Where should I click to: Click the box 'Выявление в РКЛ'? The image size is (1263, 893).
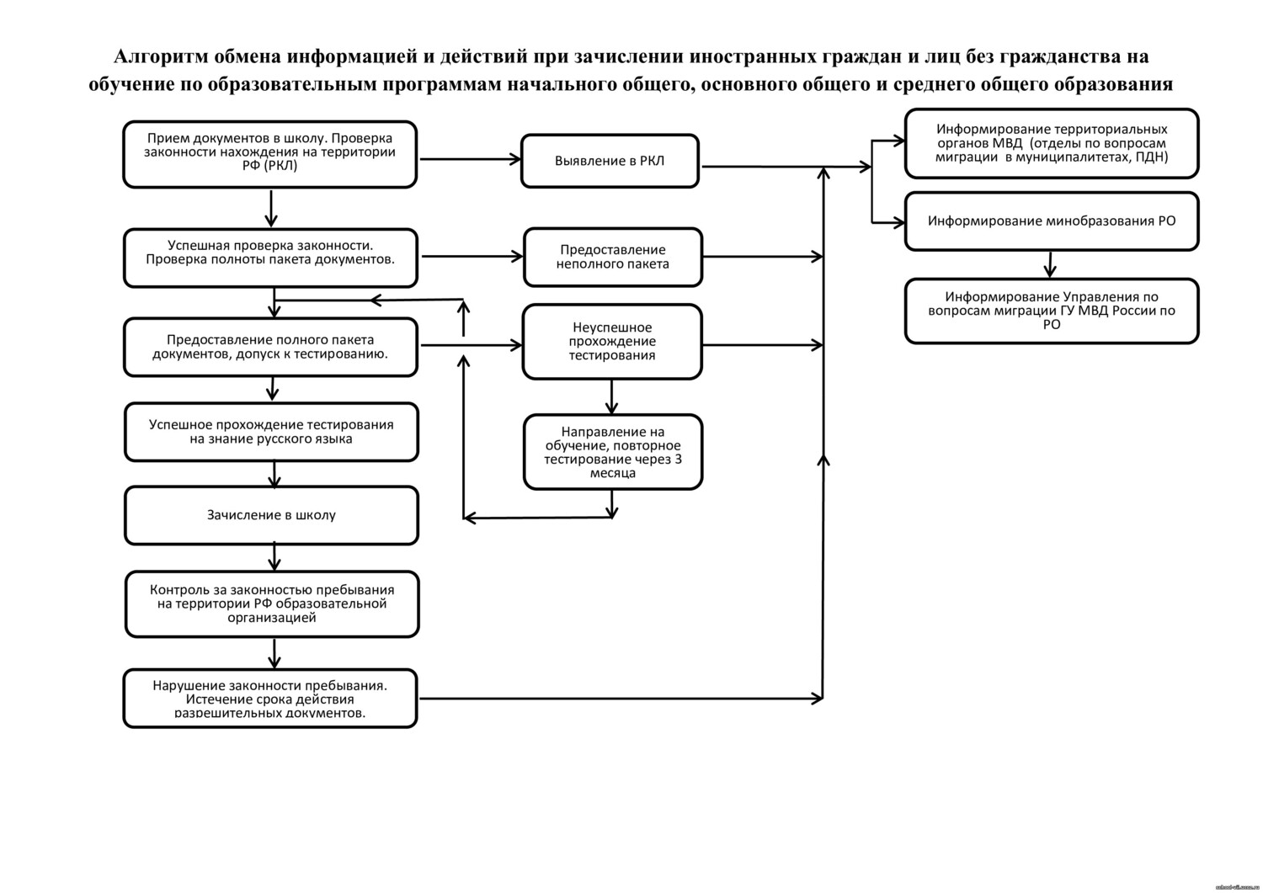tap(610, 161)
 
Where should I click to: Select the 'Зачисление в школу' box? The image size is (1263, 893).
tap(271, 515)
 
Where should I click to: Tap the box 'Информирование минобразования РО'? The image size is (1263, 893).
tap(1052, 221)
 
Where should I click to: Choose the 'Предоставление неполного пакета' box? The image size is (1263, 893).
tap(612, 257)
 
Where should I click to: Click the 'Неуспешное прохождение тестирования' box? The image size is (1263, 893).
tap(612, 342)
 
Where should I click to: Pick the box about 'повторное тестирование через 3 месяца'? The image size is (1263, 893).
tap(612, 452)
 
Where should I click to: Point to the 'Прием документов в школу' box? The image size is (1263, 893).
tap(269, 154)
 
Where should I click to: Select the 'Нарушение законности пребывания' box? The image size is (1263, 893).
tap(269, 698)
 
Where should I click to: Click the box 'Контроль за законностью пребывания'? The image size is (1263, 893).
tap(271, 603)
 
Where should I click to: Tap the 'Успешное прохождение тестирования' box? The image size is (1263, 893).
tap(271, 432)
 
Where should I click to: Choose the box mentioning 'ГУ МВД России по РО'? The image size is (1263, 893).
tap(1052, 311)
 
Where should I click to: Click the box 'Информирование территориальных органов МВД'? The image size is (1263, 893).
tap(1052, 143)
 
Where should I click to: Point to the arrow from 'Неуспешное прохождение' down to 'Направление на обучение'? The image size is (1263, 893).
tap(612, 396)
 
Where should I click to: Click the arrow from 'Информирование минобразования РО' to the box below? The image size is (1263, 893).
tap(1049, 263)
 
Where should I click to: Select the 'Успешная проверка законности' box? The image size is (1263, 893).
tap(269, 258)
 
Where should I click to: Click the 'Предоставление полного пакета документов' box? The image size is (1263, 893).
tap(269, 347)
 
